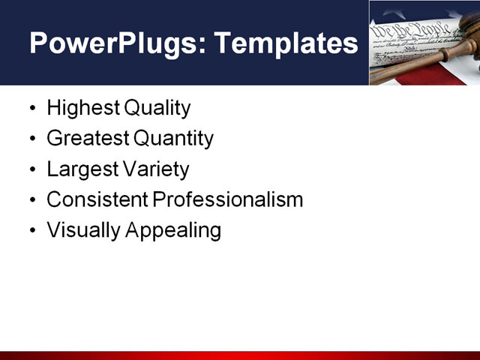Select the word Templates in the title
point(286,43)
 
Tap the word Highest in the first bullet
point(83,108)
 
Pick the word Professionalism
point(228,199)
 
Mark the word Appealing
point(173,231)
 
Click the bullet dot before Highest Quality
point(31,109)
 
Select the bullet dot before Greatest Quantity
point(31,139)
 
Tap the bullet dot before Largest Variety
point(31,170)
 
